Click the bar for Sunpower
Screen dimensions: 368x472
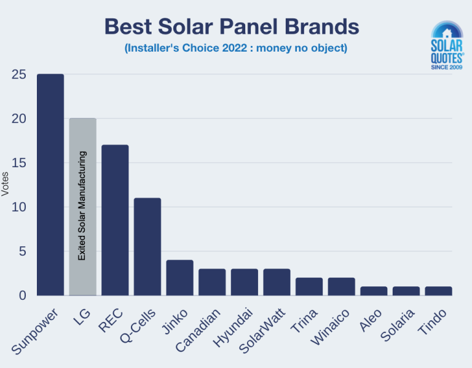point(50,184)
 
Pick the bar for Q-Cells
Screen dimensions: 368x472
point(147,246)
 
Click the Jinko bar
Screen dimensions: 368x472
point(179,278)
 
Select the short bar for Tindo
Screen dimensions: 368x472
point(439,291)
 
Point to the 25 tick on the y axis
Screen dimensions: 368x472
point(18,74)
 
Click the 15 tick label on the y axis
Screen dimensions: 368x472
point(18,163)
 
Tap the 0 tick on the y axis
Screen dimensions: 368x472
point(22,296)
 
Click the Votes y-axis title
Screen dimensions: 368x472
point(6,184)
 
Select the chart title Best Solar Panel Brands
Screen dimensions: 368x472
point(231,26)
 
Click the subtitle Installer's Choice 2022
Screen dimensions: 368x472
point(235,48)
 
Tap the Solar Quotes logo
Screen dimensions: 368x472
point(447,46)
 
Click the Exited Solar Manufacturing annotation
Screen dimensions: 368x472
point(82,205)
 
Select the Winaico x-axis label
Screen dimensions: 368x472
point(331,329)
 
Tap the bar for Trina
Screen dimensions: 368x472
point(309,286)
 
